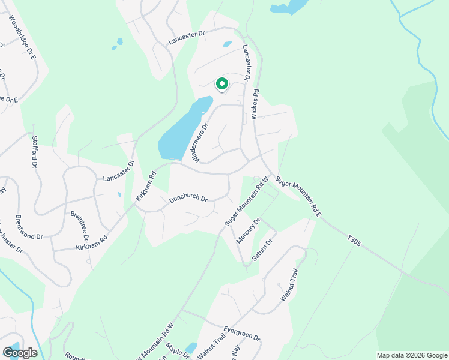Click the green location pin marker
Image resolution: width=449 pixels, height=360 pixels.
pos(221,85)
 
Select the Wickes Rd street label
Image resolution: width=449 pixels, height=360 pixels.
pos(255,104)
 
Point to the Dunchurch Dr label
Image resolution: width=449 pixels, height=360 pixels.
pos(188,199)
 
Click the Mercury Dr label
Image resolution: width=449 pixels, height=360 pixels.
pos(248,230)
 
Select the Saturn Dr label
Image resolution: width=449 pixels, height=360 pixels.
pos(262,249)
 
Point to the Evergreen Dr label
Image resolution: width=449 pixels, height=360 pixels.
pos(241,334)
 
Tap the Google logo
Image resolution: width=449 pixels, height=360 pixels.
pos(20,353)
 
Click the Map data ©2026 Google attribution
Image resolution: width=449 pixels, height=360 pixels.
pos(412,355)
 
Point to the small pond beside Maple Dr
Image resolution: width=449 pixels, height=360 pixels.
pos(191,347)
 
